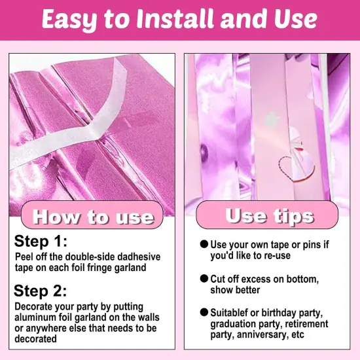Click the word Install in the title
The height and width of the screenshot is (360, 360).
tap(175, 19)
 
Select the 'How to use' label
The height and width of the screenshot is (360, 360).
tap(93, 217)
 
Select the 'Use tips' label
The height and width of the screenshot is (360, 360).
tap(270, 216)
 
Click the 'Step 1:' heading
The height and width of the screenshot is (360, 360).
tap(41, 242)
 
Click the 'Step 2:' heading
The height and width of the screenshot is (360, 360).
tap(41, 291)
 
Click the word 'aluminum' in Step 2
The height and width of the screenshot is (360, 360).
tap(35, 317)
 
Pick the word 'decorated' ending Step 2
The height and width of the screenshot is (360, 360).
tap(35, 339)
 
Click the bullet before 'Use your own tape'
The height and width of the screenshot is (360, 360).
tap(204, 244)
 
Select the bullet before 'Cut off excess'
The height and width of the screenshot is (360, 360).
tap(204, 278)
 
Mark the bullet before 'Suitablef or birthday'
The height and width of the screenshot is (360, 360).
tap(204, 312)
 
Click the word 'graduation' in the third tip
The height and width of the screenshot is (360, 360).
tap(232, 324)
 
